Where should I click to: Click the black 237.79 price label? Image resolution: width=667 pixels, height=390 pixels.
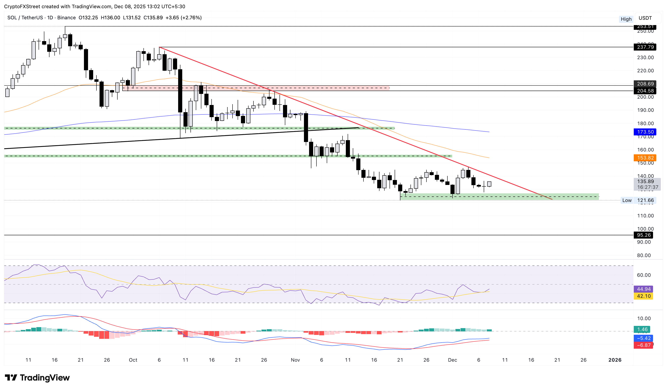(645, 47)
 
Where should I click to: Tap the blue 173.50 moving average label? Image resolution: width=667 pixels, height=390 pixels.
(645, 132)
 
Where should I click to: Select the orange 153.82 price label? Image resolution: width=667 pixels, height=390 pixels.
(645, 158)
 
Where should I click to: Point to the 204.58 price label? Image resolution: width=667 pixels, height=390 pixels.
(645, 91)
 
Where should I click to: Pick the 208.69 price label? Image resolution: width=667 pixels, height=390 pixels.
(645, 84)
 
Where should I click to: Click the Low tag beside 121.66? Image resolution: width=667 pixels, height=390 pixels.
(627, 200)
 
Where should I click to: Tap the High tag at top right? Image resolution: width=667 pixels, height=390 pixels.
(626, 19)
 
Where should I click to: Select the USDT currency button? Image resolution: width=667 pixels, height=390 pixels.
(645, 18)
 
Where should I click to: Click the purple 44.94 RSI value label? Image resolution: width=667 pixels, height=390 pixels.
(643, 289)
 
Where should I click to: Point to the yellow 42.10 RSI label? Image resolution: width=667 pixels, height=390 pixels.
(643, 296)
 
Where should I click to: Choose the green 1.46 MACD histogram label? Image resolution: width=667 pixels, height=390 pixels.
(642, 329)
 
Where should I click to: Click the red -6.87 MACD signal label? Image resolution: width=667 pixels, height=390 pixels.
(643, 345)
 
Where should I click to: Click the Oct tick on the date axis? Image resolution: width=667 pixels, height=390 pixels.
(133, 360)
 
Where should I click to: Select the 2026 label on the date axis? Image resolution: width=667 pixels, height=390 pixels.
(615, 360)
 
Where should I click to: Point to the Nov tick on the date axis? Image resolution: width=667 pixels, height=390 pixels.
(295, 360)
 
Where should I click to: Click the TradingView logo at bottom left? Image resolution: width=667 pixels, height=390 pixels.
(37, 377)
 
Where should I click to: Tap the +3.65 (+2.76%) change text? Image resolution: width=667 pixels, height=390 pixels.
(183, 18)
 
